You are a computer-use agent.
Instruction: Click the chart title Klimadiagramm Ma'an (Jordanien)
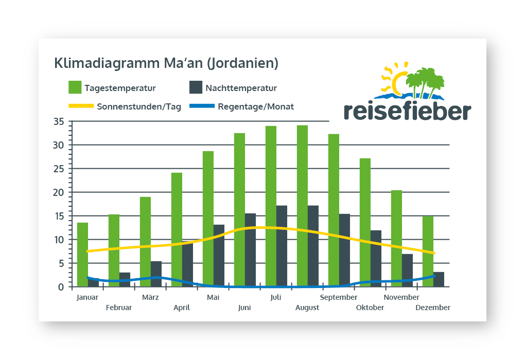click(166, 63)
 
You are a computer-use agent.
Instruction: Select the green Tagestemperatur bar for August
click(302, 206)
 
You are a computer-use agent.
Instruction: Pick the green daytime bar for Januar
click(82, 255)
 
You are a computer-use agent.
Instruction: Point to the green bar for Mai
click(208, 219)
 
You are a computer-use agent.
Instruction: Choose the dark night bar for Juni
click(250, 250)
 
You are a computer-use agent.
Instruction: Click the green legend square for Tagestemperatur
click(75, 87)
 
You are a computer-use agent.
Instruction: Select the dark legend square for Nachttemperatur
click(196, 87)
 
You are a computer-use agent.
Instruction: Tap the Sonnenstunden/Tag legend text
click(139, 107)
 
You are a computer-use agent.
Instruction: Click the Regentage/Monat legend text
click(256, 107)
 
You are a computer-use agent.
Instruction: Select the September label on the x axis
click(339, 297)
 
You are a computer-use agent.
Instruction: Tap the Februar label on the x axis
click(119, 308)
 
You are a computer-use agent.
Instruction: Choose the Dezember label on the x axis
click(433, 308)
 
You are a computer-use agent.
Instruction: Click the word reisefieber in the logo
click(407, 111)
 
